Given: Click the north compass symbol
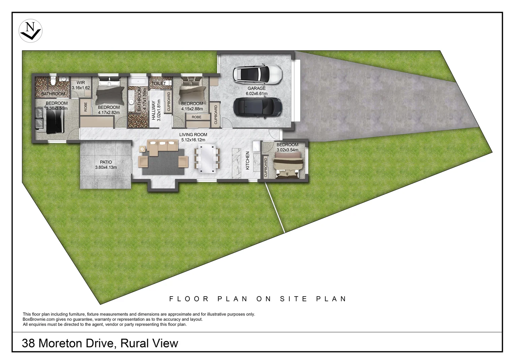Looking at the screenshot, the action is (30, 31).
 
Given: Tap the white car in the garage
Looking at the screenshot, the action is (257, 74).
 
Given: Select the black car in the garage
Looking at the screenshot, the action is (257, 108).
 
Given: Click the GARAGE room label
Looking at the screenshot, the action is (256, 88).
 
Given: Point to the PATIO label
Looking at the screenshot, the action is (106, 162).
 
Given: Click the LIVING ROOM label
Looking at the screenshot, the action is (193, 135).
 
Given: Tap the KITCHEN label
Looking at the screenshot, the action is (248, 160).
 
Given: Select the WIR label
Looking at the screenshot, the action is (81, 83).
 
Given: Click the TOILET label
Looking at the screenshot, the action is (159, 84).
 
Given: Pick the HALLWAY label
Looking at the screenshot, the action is (154, 110).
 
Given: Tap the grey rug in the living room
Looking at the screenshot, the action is (163, 162).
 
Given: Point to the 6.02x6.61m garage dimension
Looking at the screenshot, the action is (256, 94).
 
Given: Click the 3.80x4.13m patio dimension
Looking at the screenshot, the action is (106, 168).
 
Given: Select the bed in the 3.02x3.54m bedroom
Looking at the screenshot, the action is (288, 165).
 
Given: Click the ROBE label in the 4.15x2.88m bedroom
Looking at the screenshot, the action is (196, 117).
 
